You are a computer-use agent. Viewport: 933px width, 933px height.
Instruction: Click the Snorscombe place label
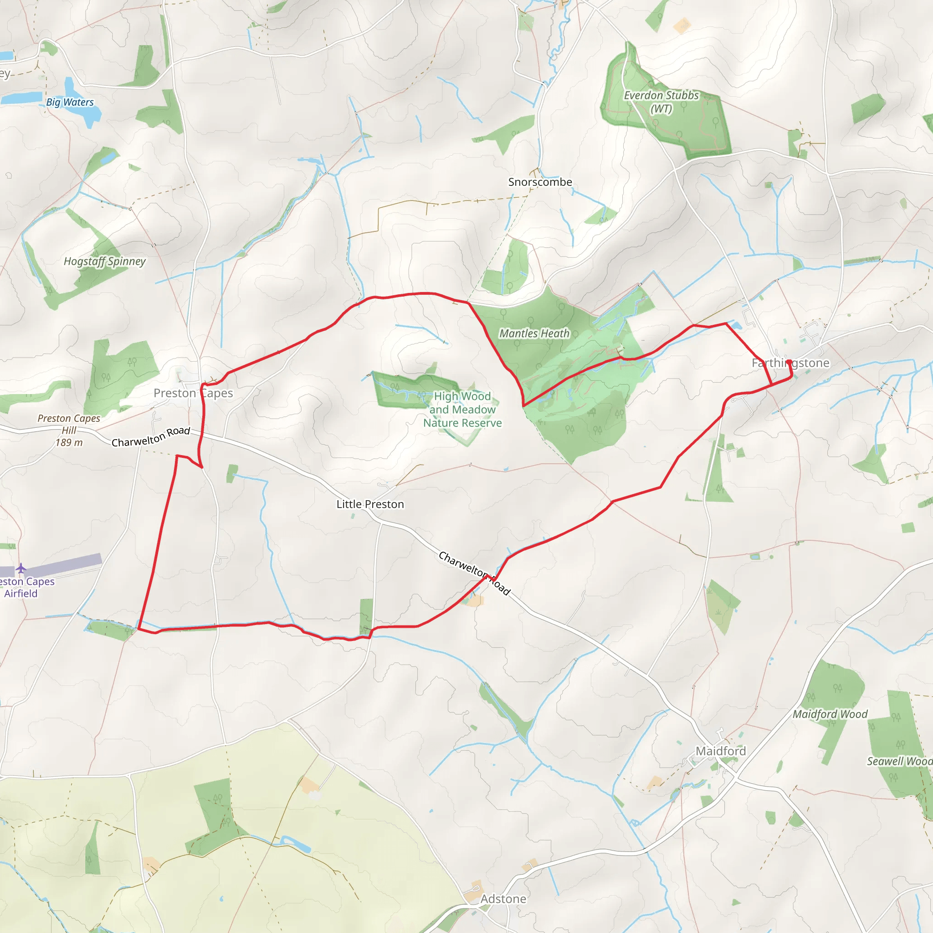[x=540, y=182]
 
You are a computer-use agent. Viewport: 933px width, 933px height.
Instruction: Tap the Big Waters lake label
[x=70, y=103]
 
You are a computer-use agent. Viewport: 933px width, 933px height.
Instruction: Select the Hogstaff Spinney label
[x=105, y=261]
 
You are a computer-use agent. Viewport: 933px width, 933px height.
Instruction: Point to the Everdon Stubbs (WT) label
[x=661, y=102]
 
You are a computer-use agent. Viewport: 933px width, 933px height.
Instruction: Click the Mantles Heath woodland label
[x=534, y=333]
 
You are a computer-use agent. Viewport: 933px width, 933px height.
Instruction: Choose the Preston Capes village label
[x=193, y=393]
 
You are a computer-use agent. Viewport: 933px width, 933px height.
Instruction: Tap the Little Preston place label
[x=370, y=504]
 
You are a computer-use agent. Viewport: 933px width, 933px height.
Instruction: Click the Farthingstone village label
[x=790, y=363]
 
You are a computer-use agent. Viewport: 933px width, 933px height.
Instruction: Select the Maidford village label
[x=721, y=751]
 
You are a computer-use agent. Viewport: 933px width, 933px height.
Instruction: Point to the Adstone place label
[x=503, y=899]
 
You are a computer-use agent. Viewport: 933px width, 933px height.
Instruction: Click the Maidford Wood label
[x=830, y=714]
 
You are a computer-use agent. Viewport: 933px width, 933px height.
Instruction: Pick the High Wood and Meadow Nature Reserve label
[x=462, y=410]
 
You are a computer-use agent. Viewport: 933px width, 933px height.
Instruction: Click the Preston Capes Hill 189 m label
[x=69, y=430]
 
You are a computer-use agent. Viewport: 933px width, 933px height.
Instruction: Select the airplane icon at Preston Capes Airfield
[x=21, y=568]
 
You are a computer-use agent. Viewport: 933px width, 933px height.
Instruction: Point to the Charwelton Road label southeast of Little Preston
[x=474, y=573]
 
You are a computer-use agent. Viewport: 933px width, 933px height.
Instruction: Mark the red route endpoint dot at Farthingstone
[x=789, y=362]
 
